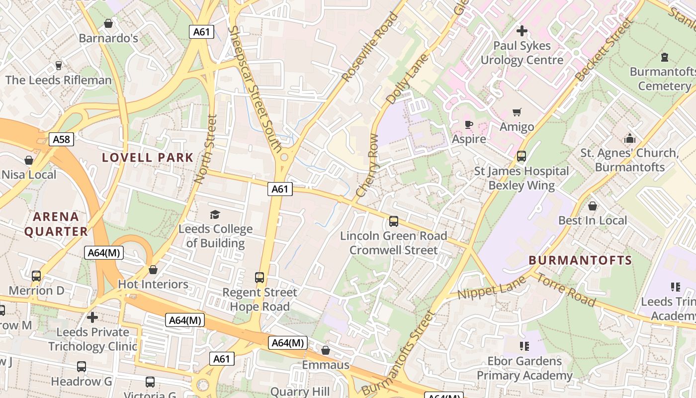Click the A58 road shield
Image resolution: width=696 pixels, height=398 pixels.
62,139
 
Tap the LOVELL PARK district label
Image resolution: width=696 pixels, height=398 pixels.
148,158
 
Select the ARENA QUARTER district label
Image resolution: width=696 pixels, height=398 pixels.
56,224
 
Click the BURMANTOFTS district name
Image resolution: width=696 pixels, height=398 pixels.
580,260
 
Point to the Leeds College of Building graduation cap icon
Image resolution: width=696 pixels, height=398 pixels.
215,214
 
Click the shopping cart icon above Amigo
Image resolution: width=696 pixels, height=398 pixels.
517,112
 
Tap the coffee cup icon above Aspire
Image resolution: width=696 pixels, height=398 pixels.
468,124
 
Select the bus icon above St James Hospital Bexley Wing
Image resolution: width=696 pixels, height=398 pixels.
521,156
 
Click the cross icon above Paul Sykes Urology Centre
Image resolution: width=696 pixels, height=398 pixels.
522,31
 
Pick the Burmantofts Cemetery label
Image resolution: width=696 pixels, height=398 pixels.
664,79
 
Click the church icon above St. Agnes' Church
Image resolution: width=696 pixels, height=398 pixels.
630,138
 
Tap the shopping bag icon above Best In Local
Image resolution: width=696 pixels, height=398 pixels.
592,205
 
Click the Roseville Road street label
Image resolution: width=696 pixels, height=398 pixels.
370,47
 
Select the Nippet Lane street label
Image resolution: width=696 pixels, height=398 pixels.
491,288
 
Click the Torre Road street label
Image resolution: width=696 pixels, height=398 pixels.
565,290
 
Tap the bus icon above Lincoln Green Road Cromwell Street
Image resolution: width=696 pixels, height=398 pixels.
393,221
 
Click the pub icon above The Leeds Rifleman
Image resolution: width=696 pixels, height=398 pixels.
58,66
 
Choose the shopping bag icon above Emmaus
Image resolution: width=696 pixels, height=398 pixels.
326,351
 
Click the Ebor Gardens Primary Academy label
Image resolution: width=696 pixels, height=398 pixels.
524,368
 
